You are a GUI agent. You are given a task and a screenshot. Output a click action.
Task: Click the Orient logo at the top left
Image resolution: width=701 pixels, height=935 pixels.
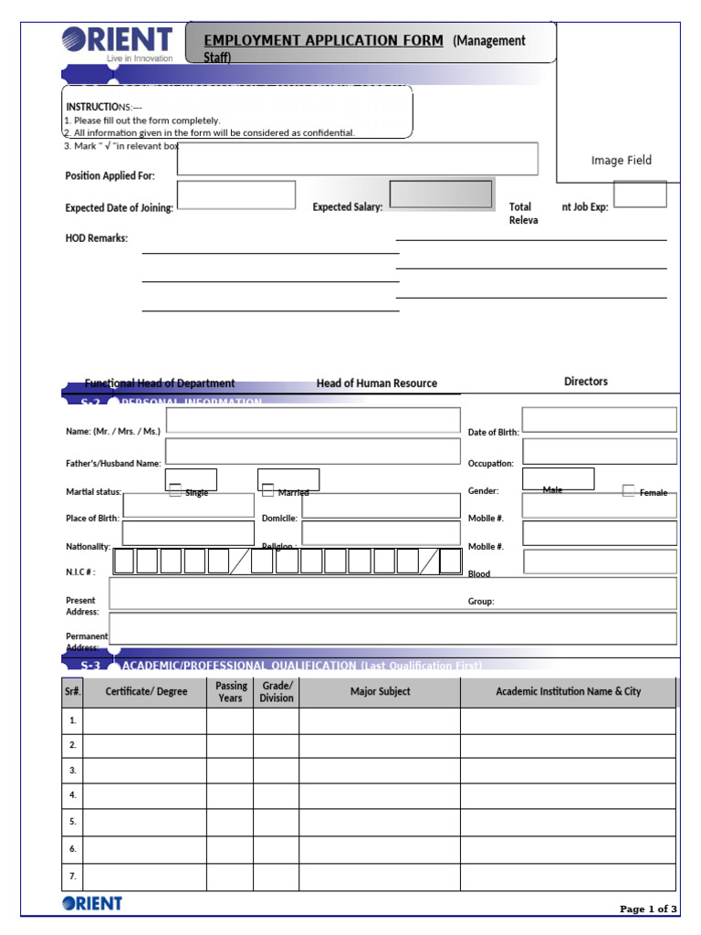click(x=116, y=43)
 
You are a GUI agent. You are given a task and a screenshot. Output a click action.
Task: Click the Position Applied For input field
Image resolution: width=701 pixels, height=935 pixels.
click(x=357, y=158)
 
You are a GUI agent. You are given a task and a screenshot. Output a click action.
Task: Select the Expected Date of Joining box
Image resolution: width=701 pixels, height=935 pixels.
click(x=235, y=194)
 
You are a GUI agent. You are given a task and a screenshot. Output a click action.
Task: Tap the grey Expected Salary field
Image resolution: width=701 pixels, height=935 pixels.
click(x=442, y=194)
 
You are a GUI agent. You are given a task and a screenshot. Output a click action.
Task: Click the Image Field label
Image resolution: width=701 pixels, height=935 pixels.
click(x=621, y=161)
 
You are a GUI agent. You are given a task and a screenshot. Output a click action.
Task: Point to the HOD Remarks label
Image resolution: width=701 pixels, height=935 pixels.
click(x=96, y=238)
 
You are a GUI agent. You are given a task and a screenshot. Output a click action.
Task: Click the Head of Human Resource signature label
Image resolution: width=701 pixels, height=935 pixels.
click(x=376, y=383)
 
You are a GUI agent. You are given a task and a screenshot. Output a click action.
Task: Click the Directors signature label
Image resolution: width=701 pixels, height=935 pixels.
click(x=585, y=382)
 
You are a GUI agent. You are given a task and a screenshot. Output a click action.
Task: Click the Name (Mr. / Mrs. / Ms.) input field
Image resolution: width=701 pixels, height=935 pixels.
click(x=313, y=420)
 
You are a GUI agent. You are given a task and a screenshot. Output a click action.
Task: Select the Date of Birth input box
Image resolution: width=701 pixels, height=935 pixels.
click(x=599, y=420)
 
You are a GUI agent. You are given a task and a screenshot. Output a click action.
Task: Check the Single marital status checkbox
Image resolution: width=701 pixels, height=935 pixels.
click(x=175, y=491)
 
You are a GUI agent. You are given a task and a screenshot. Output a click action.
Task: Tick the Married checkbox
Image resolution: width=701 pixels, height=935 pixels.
click(x=267, y=491)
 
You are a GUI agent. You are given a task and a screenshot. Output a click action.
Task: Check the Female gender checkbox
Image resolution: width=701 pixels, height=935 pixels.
click(x=629, y=491)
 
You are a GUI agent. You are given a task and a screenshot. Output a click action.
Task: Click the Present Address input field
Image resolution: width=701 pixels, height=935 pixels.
click(x=392, y=594)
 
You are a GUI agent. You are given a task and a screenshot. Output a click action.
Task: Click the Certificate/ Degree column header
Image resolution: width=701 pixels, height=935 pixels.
click(x=146, y=692)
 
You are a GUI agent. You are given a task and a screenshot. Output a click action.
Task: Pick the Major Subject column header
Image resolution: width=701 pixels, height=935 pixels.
click(x=380, y=692)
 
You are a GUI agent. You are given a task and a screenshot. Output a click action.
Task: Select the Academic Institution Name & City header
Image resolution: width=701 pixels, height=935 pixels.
click(x=568, y=692)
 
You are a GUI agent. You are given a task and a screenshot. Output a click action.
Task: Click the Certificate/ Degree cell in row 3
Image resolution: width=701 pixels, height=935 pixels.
click(x=144, y=771)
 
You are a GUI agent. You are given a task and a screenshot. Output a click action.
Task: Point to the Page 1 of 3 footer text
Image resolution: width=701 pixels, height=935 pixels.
click(x=648, y=909)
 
